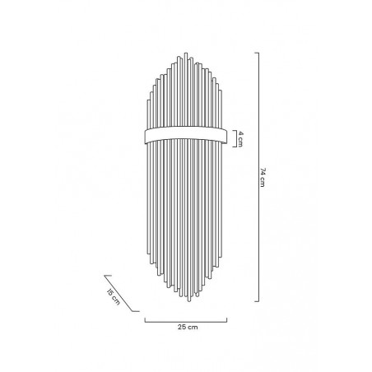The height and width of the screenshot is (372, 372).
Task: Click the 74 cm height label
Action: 263,177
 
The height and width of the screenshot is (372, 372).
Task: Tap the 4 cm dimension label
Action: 240,139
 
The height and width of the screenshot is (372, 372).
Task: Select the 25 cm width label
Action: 188,327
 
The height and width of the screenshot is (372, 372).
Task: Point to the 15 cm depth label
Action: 114,297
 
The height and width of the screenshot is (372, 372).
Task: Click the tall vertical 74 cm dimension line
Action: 258,177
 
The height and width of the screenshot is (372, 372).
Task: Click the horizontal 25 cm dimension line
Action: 186,322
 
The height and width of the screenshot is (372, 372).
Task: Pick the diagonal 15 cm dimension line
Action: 122,293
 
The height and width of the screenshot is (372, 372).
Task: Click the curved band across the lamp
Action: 186,136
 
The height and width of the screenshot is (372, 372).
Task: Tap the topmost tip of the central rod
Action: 186,53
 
